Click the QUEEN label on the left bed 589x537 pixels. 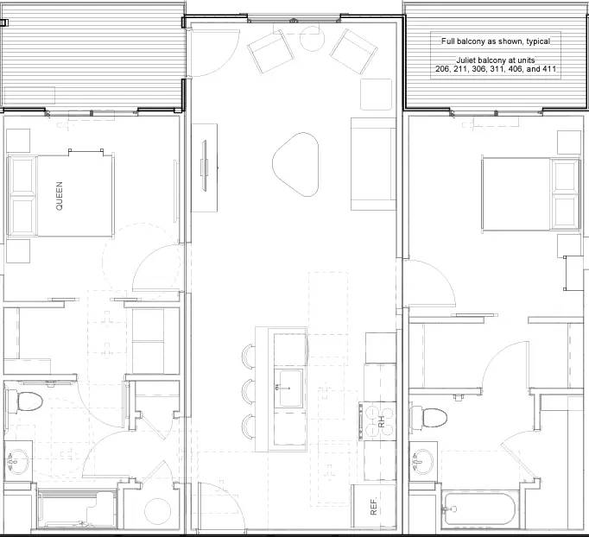click(x=60, y=195)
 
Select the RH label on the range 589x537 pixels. click(x=380, y=421)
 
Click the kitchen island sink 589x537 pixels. click(x=288, y=388)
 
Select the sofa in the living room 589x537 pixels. click(x=372, y=163)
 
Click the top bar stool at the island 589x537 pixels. click(x=249, y=357)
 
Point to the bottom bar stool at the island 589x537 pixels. click(x=249, y=426)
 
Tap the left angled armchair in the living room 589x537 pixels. click(x=267, y=52)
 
